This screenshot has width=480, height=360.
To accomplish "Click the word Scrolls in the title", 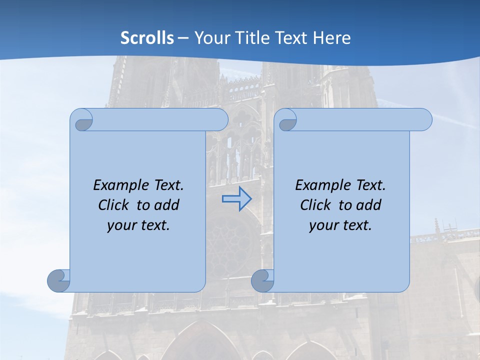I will pos(147,37).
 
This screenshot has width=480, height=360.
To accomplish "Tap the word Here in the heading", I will pos(332,37).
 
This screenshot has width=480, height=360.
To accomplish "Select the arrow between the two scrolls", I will pos(236,199).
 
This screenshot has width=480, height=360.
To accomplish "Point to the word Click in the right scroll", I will pos(316,205).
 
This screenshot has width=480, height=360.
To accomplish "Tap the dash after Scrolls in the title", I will pos(183,38).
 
